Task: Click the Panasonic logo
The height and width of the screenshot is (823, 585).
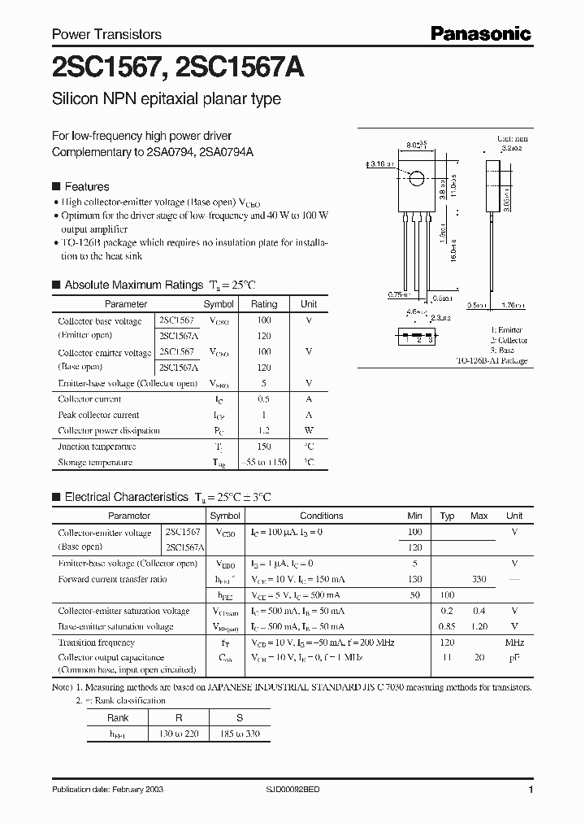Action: pos(480,33)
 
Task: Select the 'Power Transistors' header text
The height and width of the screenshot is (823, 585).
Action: pos(106,35)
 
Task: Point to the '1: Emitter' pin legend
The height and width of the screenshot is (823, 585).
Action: pos(506,329)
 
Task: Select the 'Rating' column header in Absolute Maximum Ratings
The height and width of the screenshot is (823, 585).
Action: pos(263,304)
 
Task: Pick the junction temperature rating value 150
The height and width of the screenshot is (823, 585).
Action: pos(263,446)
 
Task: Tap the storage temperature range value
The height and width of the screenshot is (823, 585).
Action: pos(263,463)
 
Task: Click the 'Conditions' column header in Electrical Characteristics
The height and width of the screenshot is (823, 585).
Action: pos(322,516)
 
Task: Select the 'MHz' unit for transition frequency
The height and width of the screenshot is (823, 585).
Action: pos(514,642)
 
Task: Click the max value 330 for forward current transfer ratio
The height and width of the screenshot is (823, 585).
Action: pos(479,579)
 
